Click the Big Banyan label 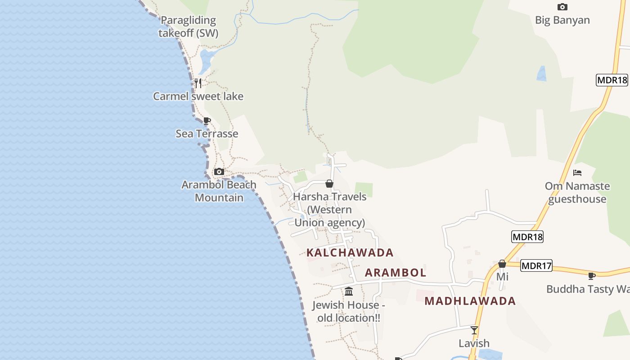(x=562, y=20)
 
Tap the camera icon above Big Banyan (x=562, y=7)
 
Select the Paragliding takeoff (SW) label (x=188, y=27)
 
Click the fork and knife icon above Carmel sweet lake (x=198, y=83)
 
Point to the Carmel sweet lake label (x=198, y=96)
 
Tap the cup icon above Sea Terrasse (x=207, y=121)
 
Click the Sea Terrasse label (x=207, y=134)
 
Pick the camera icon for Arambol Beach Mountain (x=219, y=171)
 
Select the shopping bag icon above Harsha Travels (x=329, y=184)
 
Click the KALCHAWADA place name (x=350, y=252)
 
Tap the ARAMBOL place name (x=396, y=273)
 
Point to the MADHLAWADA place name (x=470, y=301)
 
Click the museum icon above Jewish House (x=349, y=292)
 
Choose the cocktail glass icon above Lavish (x=474, y=330)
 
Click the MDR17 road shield (x=536, y=266)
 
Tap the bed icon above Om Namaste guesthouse (x=577, y=173)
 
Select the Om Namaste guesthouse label (x=577, y=193)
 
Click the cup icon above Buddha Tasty (x=592, y=276)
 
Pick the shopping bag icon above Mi (x=502, y=264)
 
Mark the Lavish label (x=474, y=343)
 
